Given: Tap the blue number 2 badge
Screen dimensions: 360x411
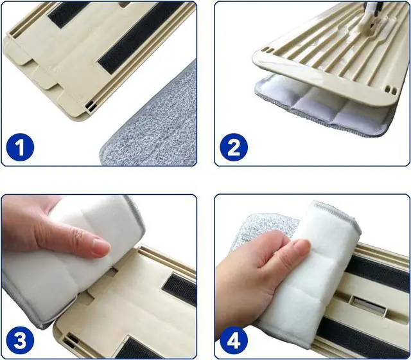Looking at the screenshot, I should click(234, 148).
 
